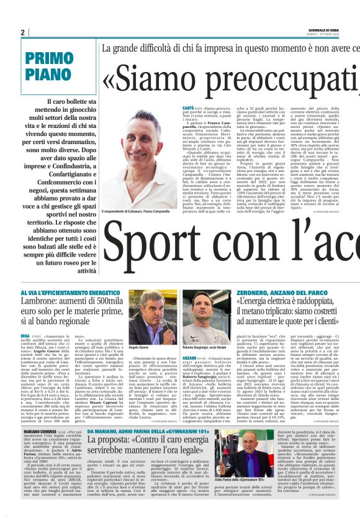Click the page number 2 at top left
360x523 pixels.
coord(23,32)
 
